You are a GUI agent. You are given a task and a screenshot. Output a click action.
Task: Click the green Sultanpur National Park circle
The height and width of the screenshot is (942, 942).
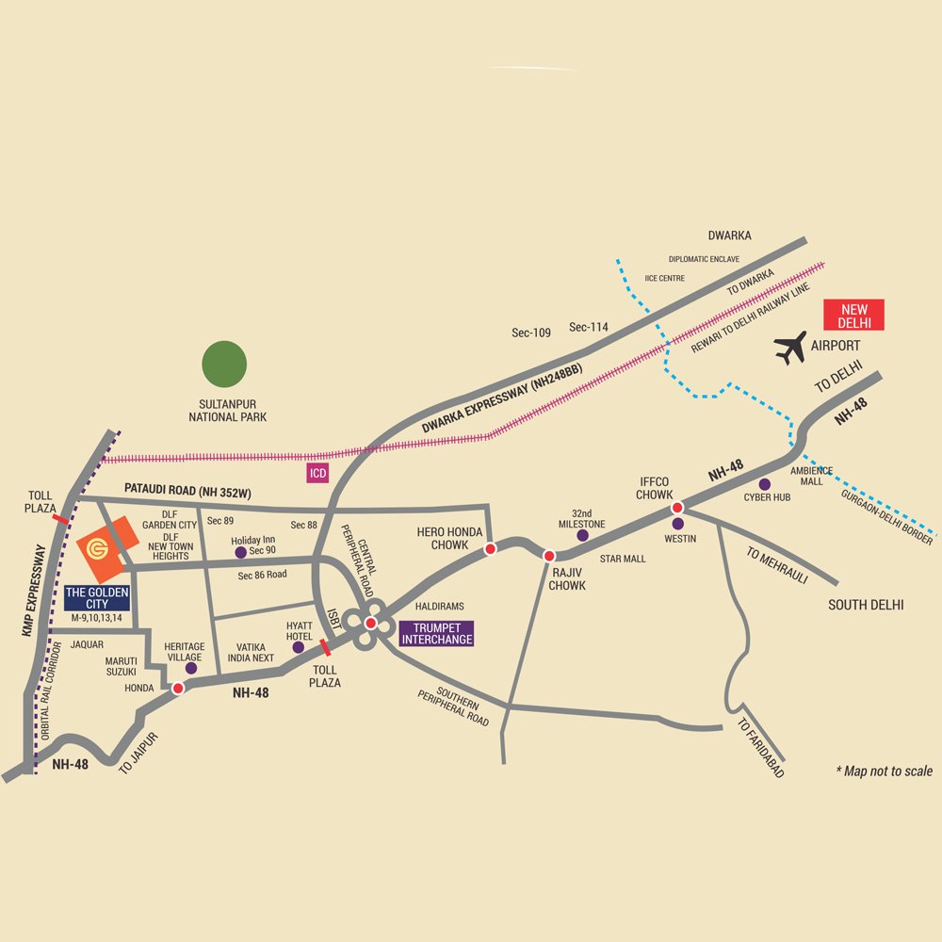(x=224, y=365)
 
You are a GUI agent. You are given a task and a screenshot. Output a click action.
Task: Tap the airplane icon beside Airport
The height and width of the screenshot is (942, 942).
(x=791, y=348)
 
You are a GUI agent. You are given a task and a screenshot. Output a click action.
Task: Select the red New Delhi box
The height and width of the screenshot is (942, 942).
(x=853, y=315)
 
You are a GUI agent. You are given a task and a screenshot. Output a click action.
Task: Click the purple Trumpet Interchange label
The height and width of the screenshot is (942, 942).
(x=436, y=633)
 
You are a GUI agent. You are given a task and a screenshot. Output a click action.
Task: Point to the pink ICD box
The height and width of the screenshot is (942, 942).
(x=317, y=473)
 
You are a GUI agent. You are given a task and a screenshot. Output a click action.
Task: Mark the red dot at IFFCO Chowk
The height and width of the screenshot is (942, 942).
(x=676, y=508)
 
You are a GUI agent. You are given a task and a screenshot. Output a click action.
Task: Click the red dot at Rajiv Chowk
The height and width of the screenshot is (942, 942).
(x=549, y=556)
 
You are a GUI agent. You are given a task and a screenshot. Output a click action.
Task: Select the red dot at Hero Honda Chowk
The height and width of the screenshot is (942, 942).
(x=490, y=548)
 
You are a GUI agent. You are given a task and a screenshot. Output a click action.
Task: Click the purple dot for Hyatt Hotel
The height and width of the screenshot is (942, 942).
(x=299, y=647)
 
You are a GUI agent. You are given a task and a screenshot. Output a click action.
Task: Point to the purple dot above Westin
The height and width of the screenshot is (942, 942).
(x=677, y=523)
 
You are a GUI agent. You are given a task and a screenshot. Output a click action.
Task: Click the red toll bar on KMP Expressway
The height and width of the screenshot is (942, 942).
(x=60, y=518)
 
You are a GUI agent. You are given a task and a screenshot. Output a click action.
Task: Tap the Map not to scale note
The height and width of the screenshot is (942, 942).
(x=884, y=771)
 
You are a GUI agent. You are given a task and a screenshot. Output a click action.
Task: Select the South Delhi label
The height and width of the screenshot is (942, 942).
(x=866, y=604)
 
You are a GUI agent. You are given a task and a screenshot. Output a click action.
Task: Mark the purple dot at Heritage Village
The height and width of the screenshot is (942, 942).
(x=191, y=668)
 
